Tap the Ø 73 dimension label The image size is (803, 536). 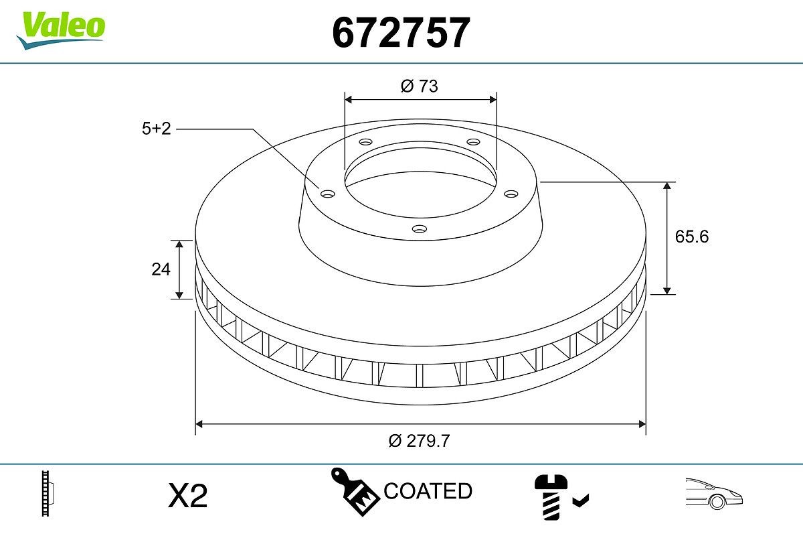pyautogui.click(x=420, y=86)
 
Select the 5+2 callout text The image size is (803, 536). pyautogui.click(x=156, y=129)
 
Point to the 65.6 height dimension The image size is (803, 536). pyautogui.click(x=692, y=237)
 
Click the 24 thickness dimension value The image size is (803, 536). pyautogui.click(x=161, y=269)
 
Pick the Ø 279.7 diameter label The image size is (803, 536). pyautogui.click(x=420, y=440)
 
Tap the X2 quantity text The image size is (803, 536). pyautogui.click(x=187, y=496)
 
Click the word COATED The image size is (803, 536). pyautogui.click(x=428, y=491)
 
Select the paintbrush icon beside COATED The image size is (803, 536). pyautogui.click(x=355, y=492)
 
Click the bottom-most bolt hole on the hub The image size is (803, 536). pyautogui.click(x=420, y=229)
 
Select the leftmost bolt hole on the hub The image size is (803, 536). pyautogui.click(x=327, y=194)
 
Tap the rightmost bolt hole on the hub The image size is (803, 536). pyautogui.click(x=511, y=194)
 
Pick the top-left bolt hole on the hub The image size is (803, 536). pyautogui.click(x=365, y=142)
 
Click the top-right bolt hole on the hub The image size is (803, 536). pyautogui.click(x=473, y=141)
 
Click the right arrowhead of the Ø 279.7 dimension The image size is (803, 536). pyautogui.click(x=642, y=424)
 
